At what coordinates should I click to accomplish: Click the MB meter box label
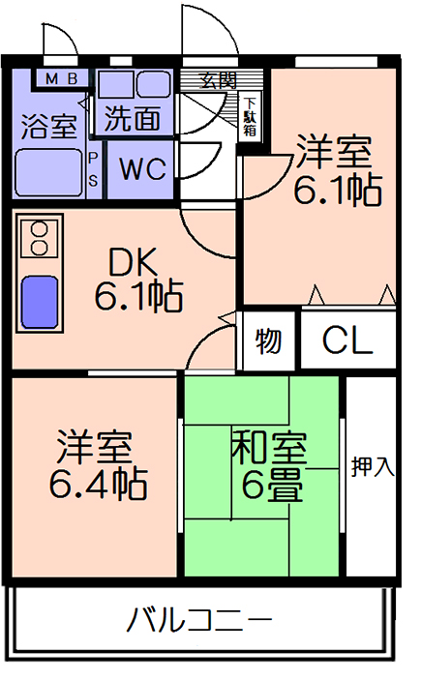pos(62,78)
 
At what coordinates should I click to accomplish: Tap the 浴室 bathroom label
pos(49,127)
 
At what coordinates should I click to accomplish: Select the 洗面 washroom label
pos(133,118)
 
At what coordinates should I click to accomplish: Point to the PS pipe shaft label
pos(93,169)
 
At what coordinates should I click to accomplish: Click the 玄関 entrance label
pos(219,80)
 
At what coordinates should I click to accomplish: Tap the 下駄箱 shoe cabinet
pos(250,116)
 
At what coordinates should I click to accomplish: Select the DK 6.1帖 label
pos(139,280)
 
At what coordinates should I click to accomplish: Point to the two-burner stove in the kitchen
pos(40,238)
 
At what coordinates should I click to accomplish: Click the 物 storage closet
pos(268,340)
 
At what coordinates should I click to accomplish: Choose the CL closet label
pos(347,340)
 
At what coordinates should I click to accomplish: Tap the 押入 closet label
pos(373,466)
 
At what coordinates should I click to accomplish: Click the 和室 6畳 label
pos(270,466)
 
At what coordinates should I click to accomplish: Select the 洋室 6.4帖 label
pos(97,464)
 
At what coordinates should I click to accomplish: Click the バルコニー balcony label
pos(199,621)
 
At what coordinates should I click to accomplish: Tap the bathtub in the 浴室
pos(49,172)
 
